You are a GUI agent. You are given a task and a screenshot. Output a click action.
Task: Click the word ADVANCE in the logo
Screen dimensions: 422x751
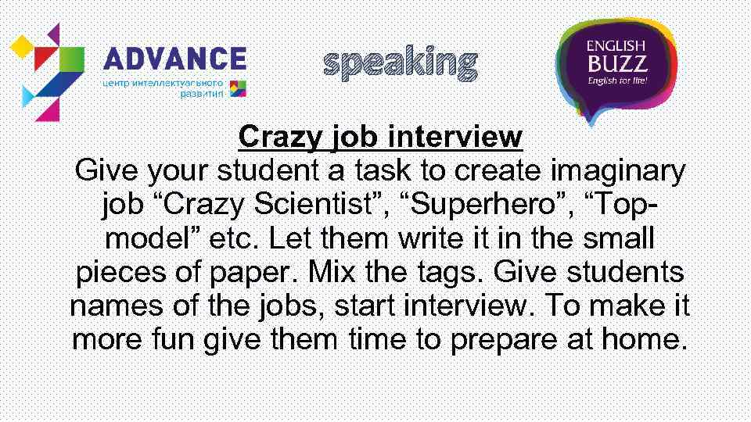tap(175, 59)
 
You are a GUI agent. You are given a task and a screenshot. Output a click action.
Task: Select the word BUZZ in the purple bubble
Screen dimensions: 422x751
tap(616, 63)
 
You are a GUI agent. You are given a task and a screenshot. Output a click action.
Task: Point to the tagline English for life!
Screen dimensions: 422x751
tap(616, 80)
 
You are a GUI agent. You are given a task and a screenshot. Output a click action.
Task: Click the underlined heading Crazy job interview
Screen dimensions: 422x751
tap(380, 138)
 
